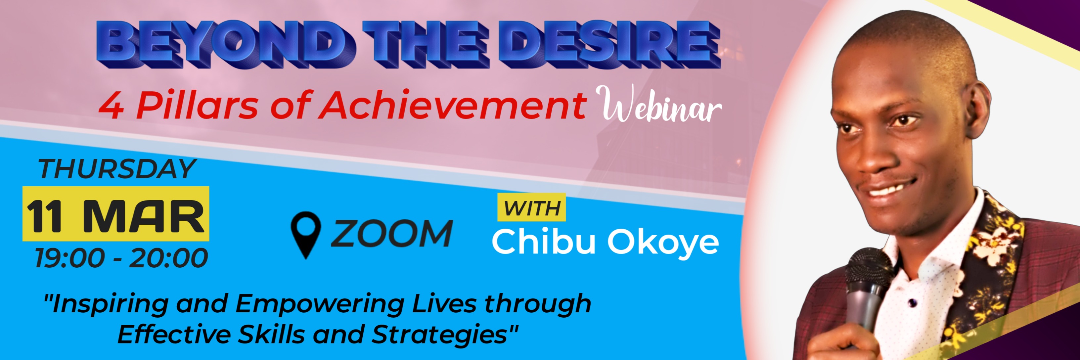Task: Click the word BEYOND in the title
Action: coord(222,44)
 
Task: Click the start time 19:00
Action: coord(69,258)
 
